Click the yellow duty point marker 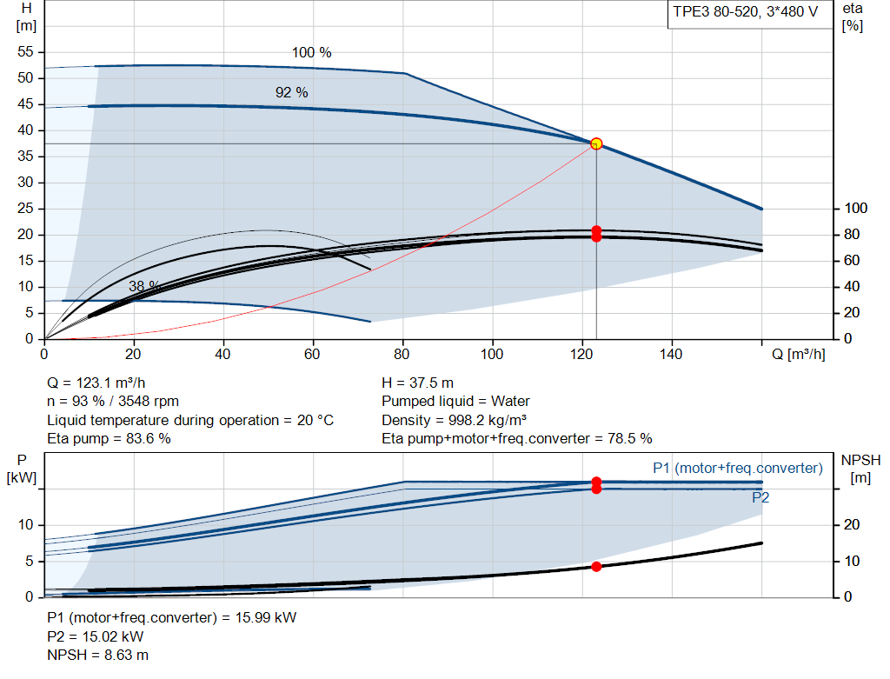(596, 143)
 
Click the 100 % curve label (312, 53)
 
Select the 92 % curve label (292, 92)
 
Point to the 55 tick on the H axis (25, 51)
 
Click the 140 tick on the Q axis (671, 354)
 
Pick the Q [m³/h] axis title (799, 354)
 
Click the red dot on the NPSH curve (596, 567)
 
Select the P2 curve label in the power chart (760, 498)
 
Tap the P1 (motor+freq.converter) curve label (738, 469)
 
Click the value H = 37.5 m (418, 383)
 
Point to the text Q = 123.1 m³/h (96, 383)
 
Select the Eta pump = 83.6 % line (109, 439)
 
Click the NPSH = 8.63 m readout (97, 656)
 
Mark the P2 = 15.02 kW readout (96, 637)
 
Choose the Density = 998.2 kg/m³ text (454, 421)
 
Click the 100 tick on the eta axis (856, 209)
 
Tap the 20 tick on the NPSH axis (852, 524)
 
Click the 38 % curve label (144, 286)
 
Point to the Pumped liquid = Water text (455, 402)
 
